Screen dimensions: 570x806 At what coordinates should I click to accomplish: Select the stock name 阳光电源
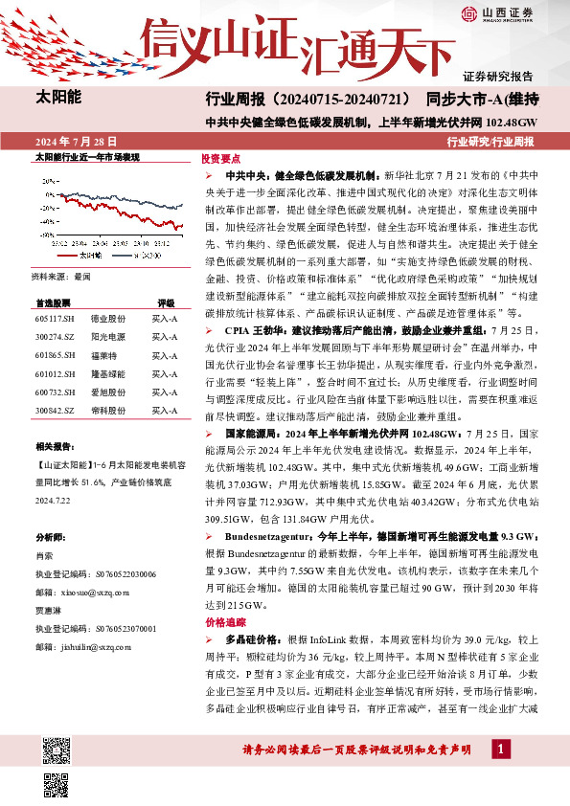107,338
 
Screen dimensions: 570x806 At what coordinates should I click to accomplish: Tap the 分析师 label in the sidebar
49,537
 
